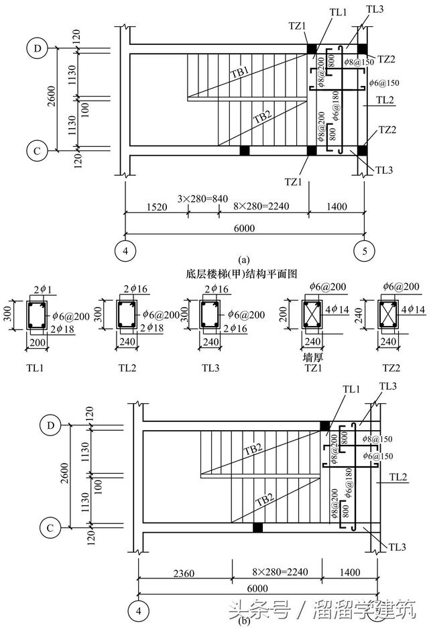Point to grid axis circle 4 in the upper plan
click(x=124, y=251)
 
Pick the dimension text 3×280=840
click(x=203, y=199)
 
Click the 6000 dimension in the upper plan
click(x=243, y=228)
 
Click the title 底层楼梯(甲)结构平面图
click(x=243, y=273)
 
